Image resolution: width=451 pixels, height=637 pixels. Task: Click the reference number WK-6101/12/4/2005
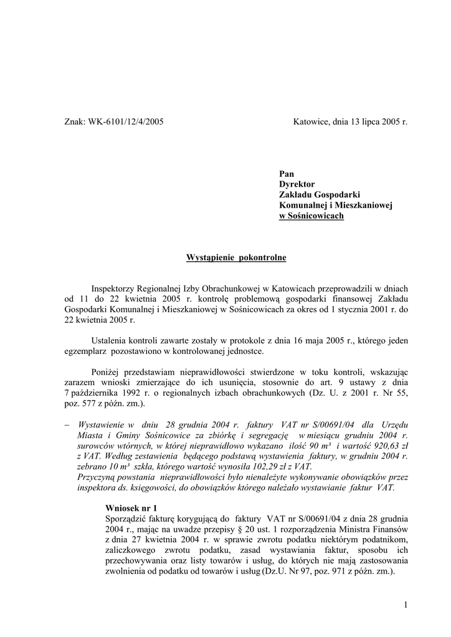coord(126,122)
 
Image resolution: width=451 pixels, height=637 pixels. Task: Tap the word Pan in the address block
coord(287,174)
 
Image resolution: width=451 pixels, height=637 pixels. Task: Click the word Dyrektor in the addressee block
coord(297,185)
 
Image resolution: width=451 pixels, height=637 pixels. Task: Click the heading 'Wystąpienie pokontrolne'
coord(237,258)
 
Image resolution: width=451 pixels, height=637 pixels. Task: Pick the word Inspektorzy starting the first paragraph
coord(115,289)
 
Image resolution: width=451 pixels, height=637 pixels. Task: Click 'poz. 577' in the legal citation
coord(80,404)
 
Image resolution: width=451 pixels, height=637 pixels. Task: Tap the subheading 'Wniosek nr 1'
coord(132,508)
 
